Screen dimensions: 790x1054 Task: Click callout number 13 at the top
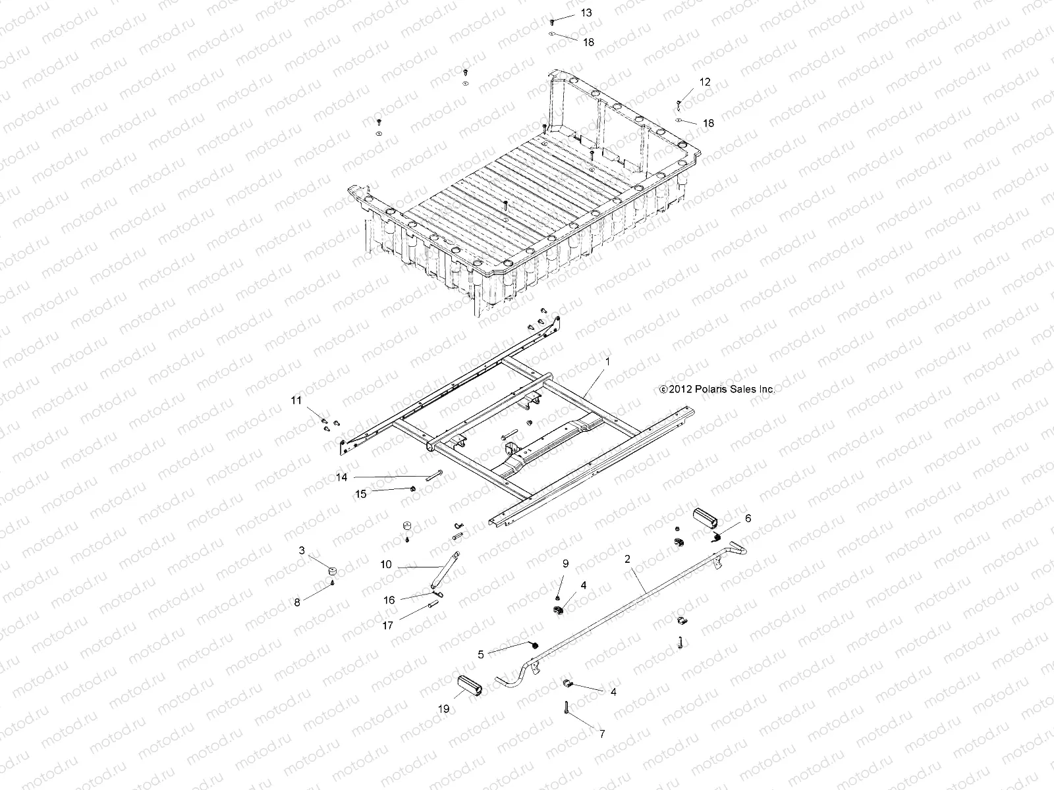(x=586, y=13)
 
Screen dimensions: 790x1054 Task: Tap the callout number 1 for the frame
(x=607, y=361)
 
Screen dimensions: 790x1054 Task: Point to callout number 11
(x=296, y=400)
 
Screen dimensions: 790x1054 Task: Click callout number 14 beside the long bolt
(x=360, y=478)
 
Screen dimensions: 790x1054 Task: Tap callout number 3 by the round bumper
(x=302, y=550)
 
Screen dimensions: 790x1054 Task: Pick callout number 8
(x=297, y=602)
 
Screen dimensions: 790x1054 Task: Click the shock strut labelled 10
(x=444, y=570)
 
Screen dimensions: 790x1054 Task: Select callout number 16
(x=389, y=600)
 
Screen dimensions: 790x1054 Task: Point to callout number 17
(x=387, y=625)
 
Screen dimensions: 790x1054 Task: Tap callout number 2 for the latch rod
(x=627, y=559)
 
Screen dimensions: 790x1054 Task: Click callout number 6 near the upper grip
(x=748, y=518)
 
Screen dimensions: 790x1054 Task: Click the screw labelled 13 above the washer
(x=552, y=22)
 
